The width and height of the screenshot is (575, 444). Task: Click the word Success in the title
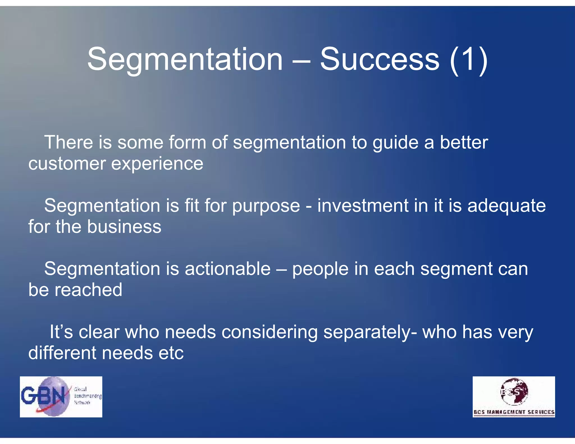pos(380,59)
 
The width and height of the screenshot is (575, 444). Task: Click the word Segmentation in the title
pos(185,59)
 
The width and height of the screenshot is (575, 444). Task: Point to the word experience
pos(157,164)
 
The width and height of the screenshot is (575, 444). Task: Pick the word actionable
pos(227,269)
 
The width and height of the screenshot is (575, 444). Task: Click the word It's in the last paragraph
pos(61,332)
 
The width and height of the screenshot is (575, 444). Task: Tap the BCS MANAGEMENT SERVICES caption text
pos(514,412)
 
